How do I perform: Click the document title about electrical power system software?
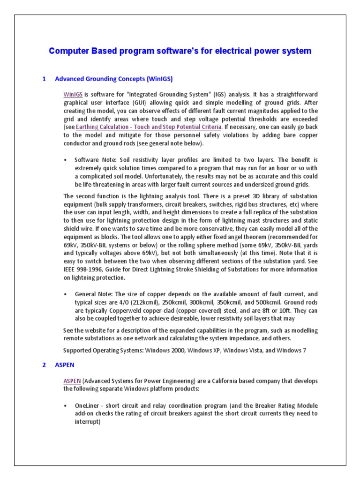click(x=180, y=51)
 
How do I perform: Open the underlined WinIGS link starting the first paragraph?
click(x=73, y=94)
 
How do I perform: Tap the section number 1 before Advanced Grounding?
click(x=44, y=79)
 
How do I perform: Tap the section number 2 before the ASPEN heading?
click(x=44, y=364)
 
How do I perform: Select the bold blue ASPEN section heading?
click(x=65, y=364)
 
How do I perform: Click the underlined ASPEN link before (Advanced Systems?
click(x=72, y=381)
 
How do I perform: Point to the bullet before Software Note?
click(x=65, y=160)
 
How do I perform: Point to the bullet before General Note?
click(x=65, y=294)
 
